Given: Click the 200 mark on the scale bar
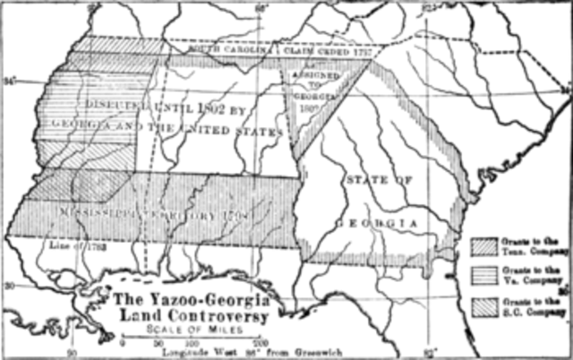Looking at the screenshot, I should tap(259, 343).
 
